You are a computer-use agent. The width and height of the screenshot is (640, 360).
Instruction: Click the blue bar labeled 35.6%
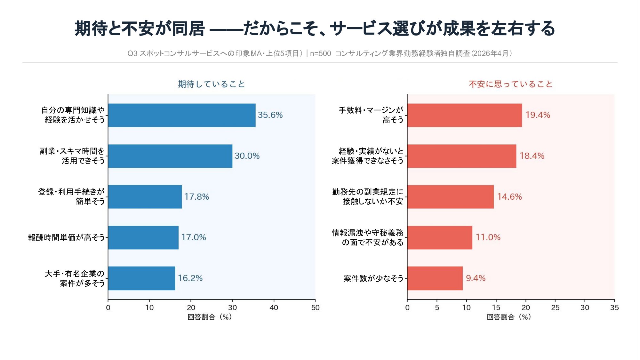coord(181,115)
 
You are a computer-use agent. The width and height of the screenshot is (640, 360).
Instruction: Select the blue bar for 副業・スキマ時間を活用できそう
coord(170,156)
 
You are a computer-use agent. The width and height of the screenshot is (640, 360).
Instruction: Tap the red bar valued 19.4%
coord(464,115)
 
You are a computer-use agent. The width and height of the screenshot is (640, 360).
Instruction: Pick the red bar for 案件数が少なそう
coord(435,278)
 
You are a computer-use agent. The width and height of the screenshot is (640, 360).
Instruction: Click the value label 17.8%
coord(196,197)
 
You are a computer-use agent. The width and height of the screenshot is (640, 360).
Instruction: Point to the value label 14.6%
coord(509,197)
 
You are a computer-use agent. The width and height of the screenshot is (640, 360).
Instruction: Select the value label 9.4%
coord(476,278)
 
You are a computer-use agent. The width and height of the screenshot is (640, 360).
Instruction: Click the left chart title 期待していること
coord(212,84)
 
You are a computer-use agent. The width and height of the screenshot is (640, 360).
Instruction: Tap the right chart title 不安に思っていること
coord(511,84)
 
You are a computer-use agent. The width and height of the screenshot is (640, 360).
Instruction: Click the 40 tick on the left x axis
coord(274,308)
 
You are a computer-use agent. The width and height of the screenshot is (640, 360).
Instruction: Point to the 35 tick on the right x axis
coord(614,308)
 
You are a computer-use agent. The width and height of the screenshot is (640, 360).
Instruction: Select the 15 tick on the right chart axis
coord(496,308)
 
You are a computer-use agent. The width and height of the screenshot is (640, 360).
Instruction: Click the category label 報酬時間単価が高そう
coord(66,237)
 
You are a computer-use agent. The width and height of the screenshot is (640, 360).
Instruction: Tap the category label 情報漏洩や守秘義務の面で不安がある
coord(368,237)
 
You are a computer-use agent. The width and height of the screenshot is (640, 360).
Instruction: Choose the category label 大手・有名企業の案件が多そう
coord(75,278)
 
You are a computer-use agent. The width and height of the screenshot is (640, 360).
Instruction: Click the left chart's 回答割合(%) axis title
coord(210,317)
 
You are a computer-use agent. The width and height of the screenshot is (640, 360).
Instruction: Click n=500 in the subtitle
coord(320,53)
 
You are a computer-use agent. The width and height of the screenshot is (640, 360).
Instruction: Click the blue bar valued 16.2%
coord(141,278)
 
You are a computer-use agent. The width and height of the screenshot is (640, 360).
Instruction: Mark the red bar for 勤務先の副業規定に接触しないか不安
coord(450,197)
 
